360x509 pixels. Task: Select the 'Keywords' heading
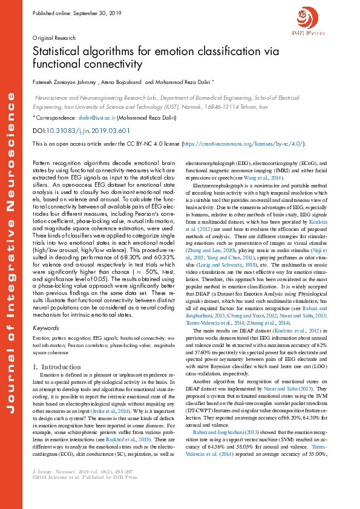(x=45, y=328)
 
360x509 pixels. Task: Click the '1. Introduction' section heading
(x=56, y=367)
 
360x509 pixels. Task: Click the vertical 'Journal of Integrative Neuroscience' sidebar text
(x=11, y=254)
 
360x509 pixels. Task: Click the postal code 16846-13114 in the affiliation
(x=250, y=105)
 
